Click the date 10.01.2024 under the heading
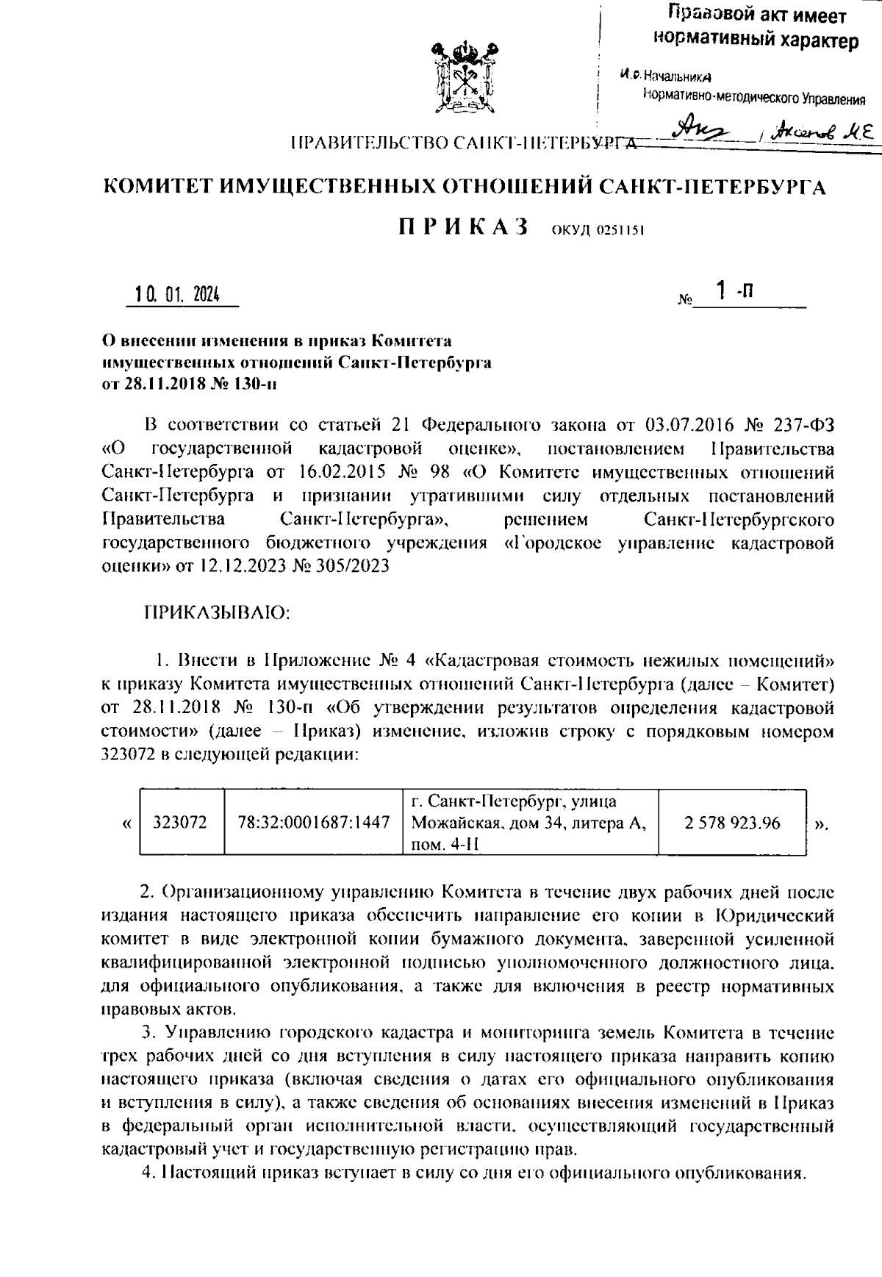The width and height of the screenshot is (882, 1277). point(176,295)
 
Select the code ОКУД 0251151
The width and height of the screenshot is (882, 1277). point(598,230)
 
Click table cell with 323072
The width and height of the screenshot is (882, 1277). point(180,823)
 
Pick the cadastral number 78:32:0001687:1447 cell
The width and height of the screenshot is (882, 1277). point(313,823)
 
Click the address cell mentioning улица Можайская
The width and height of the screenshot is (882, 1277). point(528,823)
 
